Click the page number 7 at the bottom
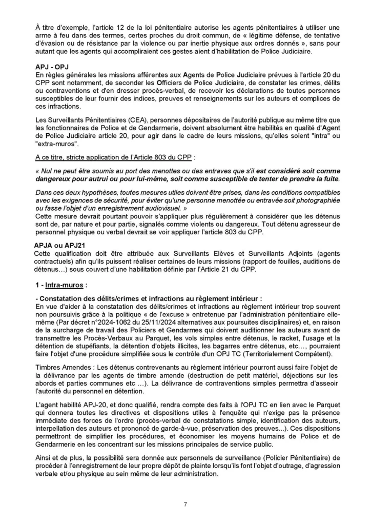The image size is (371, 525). click(x=185, y=504)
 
